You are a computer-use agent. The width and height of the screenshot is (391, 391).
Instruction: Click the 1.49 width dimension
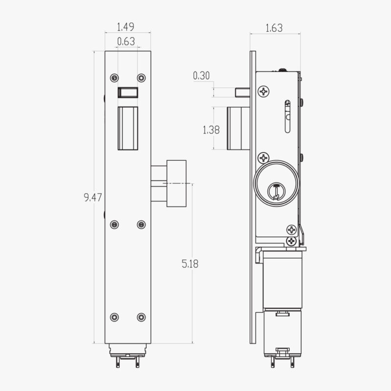126,27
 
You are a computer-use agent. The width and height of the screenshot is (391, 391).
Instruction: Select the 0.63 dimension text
126,42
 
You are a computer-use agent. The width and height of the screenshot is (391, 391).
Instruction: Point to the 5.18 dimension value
190,264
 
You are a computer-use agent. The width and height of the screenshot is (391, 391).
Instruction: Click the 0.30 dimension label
201,75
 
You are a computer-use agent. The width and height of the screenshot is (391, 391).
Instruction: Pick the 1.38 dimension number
211,130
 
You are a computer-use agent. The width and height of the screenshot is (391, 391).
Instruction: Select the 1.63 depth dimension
274,28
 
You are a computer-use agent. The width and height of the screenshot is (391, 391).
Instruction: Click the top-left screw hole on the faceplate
114,78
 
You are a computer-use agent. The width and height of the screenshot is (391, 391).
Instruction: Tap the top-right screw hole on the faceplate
141,78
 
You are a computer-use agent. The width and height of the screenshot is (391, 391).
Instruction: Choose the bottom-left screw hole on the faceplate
114,317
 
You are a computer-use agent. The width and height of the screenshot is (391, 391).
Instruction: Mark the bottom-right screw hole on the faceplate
141,317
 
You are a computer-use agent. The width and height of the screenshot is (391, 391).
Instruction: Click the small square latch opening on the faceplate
128,92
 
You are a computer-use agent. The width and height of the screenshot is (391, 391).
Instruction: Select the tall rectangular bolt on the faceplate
128,129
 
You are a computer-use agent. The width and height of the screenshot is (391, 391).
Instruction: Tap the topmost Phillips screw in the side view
264,91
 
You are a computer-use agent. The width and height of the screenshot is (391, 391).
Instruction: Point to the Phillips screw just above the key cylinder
264,157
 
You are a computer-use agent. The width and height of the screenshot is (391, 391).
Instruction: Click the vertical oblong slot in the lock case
287,116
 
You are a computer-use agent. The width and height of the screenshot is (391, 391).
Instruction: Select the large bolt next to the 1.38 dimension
239,129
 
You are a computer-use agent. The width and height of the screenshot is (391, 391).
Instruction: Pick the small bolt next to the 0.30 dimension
242,92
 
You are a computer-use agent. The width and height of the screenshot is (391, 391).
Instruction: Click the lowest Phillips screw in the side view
292,241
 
